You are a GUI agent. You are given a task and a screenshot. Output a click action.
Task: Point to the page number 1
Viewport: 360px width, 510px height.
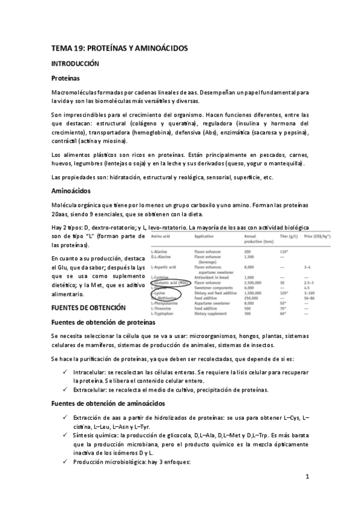[307, 478]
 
